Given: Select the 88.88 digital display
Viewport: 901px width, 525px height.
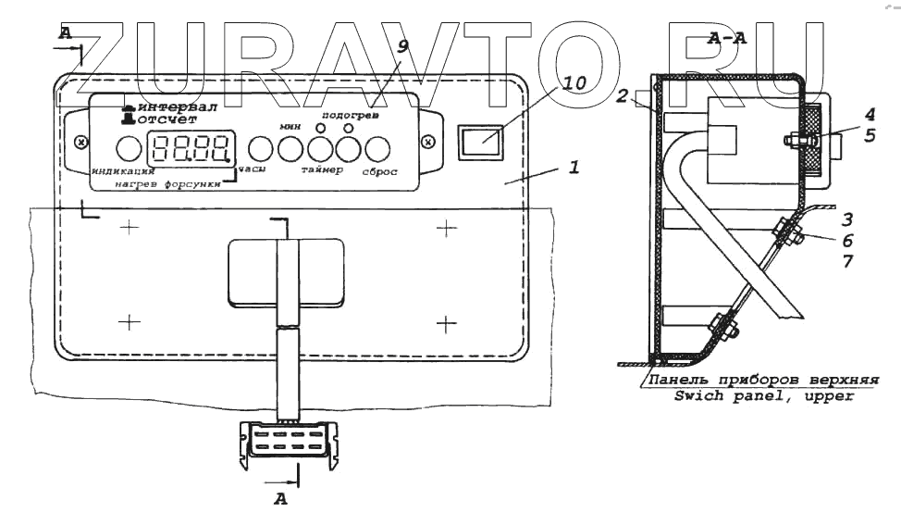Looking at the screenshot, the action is click(191, 147).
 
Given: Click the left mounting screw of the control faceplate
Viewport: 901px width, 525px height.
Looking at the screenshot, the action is click(80, 142).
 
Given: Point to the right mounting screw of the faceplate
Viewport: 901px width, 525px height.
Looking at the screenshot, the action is click(426, 142).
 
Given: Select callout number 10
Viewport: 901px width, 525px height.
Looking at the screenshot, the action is click(574, 82).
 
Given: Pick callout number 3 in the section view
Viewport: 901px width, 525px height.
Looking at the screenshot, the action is click(847, 219).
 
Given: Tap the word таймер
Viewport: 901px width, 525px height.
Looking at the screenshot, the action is click(321, 171).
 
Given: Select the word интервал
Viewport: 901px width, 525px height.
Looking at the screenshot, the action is click(178, 106).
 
